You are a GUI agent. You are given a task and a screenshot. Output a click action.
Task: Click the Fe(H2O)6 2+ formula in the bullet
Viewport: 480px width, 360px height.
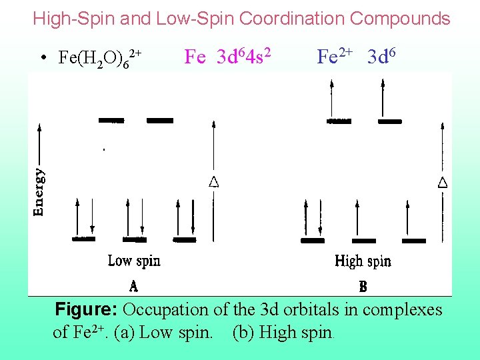click(x=100, y=58)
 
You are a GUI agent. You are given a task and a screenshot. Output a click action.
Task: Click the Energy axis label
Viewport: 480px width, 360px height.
click(x=40, y=191)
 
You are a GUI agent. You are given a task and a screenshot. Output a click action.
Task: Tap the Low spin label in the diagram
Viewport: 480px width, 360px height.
click(x=134, y=260)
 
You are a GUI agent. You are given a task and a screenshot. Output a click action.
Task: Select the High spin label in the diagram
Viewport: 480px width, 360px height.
click(x=363, y=260)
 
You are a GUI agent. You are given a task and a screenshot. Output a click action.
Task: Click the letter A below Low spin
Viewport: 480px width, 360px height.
click(x=134, y=287)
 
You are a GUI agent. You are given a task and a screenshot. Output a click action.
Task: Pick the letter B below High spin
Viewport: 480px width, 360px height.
click(x=363, y=287)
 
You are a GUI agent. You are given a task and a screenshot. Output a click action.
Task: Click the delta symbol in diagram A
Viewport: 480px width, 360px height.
click(x=214, y=181)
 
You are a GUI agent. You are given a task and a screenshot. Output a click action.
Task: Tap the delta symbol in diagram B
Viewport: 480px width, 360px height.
click(x=443, y=181)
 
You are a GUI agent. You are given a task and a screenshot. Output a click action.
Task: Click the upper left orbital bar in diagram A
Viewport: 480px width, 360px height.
click(x=111, y=121)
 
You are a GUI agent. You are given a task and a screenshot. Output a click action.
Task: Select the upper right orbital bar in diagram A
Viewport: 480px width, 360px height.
click(x=160, y=121)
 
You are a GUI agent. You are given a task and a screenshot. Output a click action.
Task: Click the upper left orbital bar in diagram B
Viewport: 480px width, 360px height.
click(x=339, y=121)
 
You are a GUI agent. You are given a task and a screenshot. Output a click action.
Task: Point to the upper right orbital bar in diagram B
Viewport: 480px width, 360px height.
click(x=389, y=121)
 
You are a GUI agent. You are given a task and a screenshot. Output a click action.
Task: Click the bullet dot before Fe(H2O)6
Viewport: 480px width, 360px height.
click(x=42, y=59)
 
